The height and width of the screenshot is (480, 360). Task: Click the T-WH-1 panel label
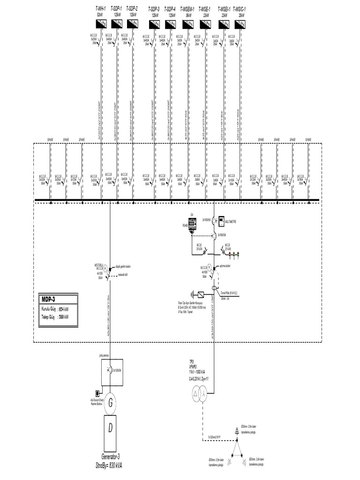click(100, 8)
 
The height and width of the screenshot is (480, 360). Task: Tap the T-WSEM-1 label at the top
click(188, 8)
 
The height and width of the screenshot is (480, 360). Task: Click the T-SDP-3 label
click(154, 8)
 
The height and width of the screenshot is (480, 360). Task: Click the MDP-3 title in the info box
click(48, 299)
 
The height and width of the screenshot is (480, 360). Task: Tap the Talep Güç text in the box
click(49, 317)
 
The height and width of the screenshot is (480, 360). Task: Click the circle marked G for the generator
click(111, 402)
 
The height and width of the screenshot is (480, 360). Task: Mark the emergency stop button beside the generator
click(97, 393)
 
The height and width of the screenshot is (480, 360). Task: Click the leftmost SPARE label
click(50, 139)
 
